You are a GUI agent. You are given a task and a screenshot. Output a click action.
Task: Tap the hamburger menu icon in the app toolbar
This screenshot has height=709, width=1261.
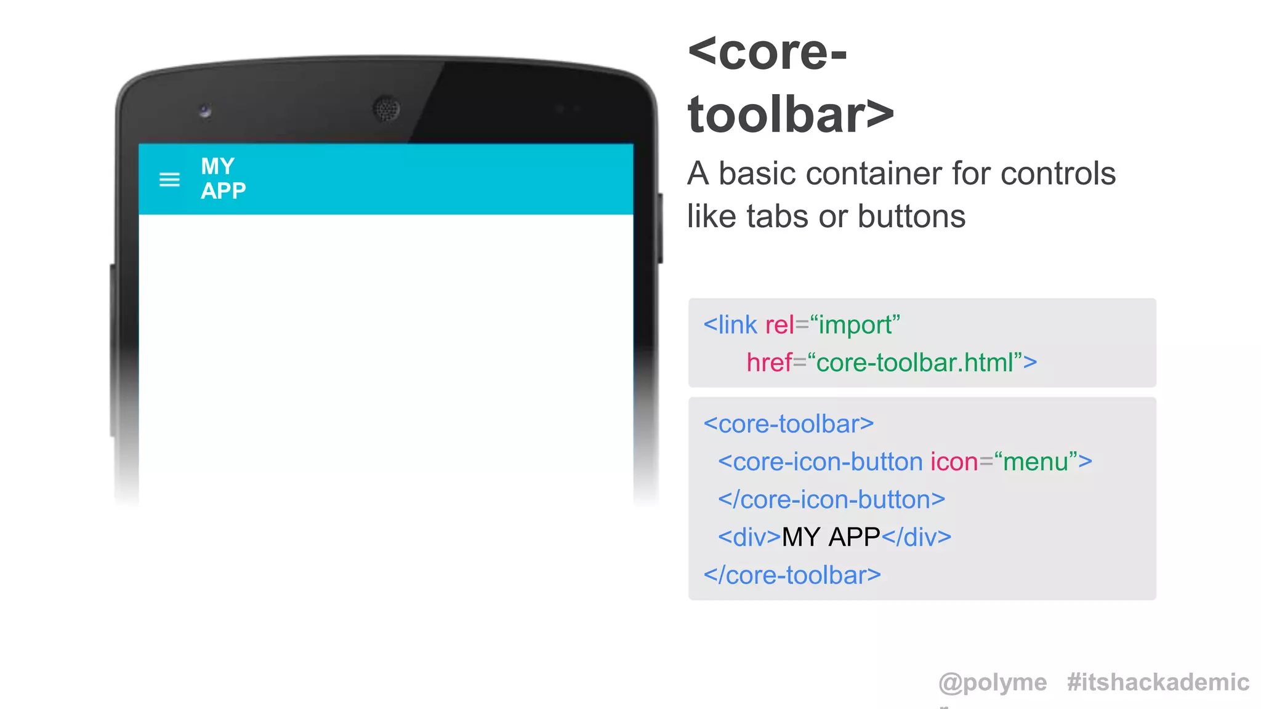[x=169, y=180]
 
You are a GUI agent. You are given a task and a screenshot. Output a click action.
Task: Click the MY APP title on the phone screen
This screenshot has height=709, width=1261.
[x=223, y=178]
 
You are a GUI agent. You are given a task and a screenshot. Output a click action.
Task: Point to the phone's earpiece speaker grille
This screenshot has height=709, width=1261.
[x=387, y=110]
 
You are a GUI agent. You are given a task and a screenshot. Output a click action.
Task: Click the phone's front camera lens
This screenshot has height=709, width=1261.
[x=205, y=111]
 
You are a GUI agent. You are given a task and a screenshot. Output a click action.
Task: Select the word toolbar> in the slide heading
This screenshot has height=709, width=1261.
[x=791, y=115]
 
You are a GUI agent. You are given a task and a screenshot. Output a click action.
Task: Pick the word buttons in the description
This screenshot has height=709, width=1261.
[x=911, y=217]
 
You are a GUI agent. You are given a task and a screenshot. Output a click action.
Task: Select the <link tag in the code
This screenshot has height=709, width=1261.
[x=730, y=325]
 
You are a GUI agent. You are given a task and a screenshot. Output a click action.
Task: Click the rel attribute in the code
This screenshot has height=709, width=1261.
[x=780, y=325]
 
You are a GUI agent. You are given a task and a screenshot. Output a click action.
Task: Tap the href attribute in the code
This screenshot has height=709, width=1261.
[x=769, y=363]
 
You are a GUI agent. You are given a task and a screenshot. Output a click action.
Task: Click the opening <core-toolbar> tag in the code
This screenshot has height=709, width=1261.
[x=789, y=424]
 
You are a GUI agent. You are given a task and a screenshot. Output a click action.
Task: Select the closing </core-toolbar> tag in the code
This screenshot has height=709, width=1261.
[x=792, y=575]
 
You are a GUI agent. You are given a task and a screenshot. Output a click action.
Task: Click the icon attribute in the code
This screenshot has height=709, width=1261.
[x=954, y=462]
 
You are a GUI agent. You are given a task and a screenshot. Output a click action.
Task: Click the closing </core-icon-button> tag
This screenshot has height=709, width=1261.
[x=831, y=500]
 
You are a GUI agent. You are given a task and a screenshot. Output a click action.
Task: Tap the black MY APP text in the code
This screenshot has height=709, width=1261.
[x=831, y=537]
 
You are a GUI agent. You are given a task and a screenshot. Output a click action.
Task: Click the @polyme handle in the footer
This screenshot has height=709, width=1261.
[x=993, y=683]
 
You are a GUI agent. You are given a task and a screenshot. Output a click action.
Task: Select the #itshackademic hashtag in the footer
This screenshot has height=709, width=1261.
[x=1158, y=683]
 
